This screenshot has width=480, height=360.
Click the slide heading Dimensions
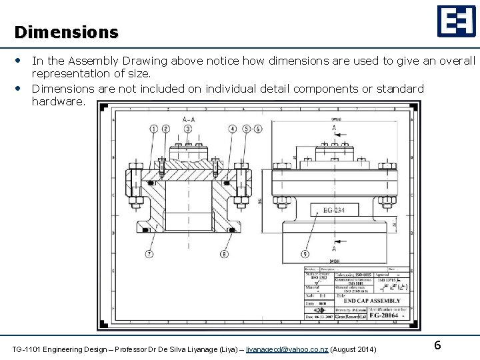coord(66,32)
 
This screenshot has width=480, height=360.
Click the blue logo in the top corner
coord(456,21)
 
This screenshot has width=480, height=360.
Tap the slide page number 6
coord(437,345)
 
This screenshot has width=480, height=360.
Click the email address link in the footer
coord(287,350)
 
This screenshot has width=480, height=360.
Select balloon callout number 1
coord(155,129)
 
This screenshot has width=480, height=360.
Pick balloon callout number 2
coord(165,129)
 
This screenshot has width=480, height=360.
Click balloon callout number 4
coord(231,129)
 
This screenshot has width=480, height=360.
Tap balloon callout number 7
coord(149,254)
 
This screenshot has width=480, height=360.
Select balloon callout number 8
coord(224,254)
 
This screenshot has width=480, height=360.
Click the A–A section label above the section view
coord(189,120)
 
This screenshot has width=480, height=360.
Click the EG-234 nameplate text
coord(334,211)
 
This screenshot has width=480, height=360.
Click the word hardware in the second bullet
coord(59,101)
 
